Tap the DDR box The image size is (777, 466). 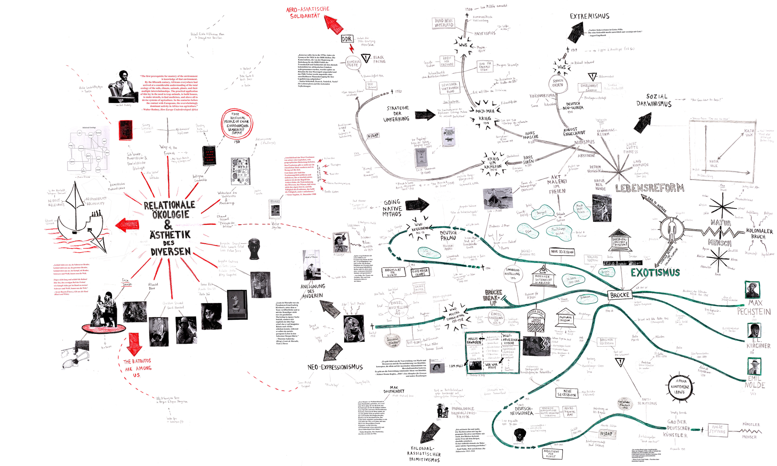click(347, 39)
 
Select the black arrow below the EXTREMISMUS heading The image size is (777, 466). click(579, 32)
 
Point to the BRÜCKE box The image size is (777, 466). click(620, 295)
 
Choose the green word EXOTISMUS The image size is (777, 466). click(655, 272)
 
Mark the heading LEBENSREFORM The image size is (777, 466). click(650, 188)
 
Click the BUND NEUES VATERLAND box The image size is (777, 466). click(444, 23)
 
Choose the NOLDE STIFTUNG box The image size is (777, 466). click(720, 429)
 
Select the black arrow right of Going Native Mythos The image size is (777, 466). click(417, 205)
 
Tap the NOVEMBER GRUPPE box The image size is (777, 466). click(420, 272)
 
